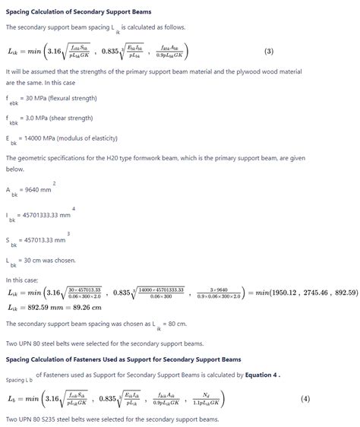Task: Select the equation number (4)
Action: click(305, 399)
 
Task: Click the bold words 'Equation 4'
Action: click(262, 375)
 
